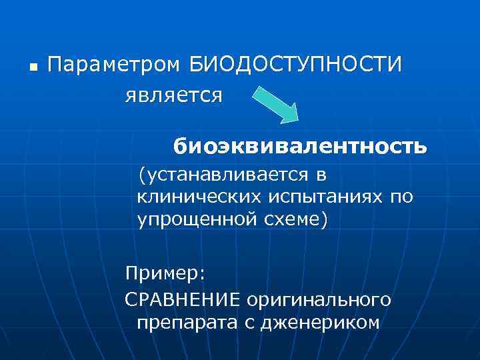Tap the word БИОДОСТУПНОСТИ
(296, 65)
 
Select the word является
(173, 96)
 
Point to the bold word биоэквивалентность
(299, 145)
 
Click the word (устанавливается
(221, 175)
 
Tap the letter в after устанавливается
(320, 175)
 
